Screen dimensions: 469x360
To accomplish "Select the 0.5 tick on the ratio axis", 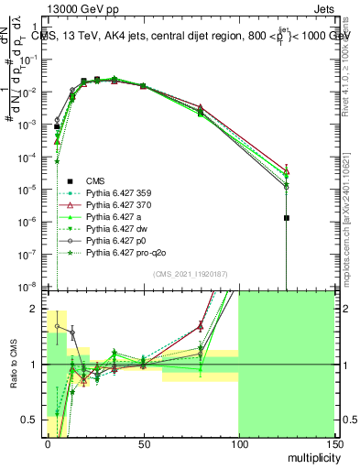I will pyautogui.click(x=34, y=420).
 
